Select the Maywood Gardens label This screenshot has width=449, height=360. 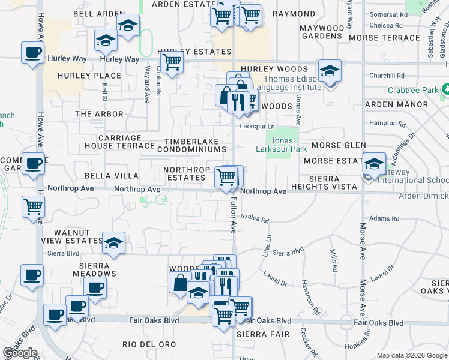(321, 32)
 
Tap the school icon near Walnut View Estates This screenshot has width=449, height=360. (113, 242)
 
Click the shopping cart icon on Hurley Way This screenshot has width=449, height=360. (172, 61)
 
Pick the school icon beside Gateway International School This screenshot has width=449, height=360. (373, 163)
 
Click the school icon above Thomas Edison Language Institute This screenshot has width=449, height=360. (329, 70)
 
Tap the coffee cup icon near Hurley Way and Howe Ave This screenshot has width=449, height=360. (32, 51)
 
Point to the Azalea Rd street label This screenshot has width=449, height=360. (254, 219)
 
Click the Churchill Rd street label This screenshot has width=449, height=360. (387, 76)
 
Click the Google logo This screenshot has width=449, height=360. (20, 353)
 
